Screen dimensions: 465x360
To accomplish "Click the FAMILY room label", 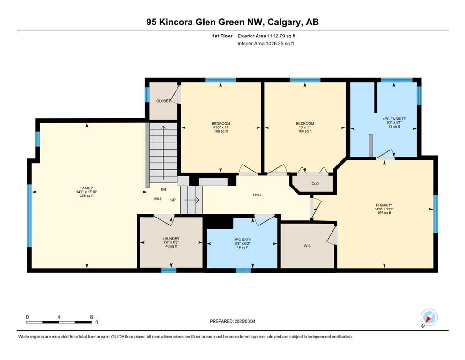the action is [87, 188].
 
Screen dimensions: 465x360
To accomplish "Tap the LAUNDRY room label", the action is [171, 238].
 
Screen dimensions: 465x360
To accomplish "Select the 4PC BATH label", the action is [243, 240].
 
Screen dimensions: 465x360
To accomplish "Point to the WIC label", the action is [307, 246].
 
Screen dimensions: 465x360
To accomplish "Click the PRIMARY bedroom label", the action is [384, 205].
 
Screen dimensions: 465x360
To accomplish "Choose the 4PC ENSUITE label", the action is [394, 119].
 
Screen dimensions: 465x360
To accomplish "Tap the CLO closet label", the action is [315, 184].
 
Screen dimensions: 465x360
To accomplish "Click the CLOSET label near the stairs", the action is [163, 101].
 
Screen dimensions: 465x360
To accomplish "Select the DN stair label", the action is [163, 189].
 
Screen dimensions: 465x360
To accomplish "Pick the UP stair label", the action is [173, 200].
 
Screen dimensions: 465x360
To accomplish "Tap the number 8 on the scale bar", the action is [91, 317].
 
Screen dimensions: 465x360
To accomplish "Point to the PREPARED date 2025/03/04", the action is [232, 321].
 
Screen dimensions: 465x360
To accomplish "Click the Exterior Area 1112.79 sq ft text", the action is [266, 36].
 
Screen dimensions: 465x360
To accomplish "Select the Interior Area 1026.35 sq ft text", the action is [266, 43].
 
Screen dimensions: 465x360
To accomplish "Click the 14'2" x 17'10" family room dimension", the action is [87, 192].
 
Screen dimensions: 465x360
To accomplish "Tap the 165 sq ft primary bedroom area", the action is [384, 213].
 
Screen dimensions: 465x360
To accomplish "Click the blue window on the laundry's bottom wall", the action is [169, 270].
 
